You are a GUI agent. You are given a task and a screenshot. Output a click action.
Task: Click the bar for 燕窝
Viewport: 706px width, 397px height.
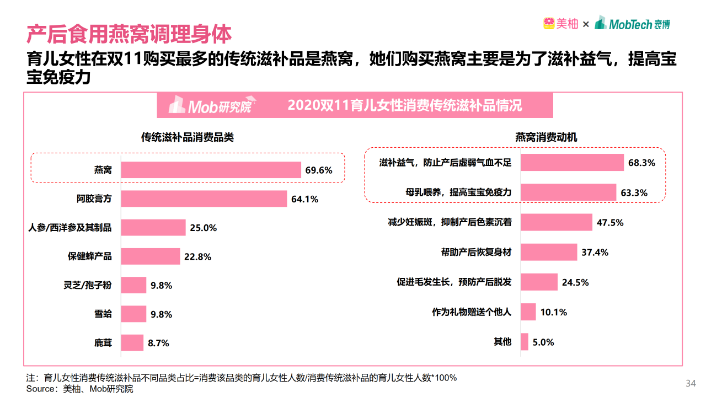(x=211, y=170)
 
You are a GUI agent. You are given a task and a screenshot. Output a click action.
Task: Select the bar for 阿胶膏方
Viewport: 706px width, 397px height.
(x=204, y=198)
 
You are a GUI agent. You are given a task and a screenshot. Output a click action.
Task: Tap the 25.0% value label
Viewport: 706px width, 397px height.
(x=204, y=228)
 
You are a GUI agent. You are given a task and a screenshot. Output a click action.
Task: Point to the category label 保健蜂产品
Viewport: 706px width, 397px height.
(x=90, y=256)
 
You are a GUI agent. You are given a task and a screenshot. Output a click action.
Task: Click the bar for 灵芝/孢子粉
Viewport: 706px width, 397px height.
(x=133, y=285)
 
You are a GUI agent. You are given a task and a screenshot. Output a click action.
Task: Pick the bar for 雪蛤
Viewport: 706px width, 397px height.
(x=133, y=314)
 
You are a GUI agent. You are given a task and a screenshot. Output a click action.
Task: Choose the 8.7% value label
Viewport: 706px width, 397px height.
(x=158, y=343)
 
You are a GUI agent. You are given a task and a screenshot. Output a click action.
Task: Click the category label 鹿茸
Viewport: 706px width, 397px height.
(x=103, y=343)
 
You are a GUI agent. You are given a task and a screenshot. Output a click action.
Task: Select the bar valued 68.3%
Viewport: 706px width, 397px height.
(x=572, y=163)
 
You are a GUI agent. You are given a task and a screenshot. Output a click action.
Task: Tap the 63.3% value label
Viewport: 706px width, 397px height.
(x=634, y=193)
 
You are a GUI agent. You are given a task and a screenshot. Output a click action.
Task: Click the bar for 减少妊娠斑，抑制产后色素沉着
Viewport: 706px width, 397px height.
(x=557, y=222)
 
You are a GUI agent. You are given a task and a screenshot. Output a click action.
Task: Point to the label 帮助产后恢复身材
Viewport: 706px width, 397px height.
(x=476, y=252)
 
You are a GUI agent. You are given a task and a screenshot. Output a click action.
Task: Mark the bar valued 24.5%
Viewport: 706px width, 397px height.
(x=539, y=282)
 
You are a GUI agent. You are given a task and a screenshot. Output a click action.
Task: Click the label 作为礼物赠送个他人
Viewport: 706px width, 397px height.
(x=472, y=312)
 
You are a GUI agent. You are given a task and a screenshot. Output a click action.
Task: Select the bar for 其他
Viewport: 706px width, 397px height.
(x=524, y=342)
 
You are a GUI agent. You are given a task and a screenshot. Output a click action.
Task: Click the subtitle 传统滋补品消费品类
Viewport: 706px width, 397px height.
(x=188, y=137)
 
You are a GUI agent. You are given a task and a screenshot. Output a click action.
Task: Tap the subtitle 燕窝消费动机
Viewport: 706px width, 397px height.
(x=546, y=137)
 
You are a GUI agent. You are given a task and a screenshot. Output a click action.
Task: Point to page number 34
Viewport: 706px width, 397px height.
(x=691, y=383)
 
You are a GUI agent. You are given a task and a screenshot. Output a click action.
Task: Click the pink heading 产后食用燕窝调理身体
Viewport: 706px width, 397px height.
(x=129, y=35)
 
